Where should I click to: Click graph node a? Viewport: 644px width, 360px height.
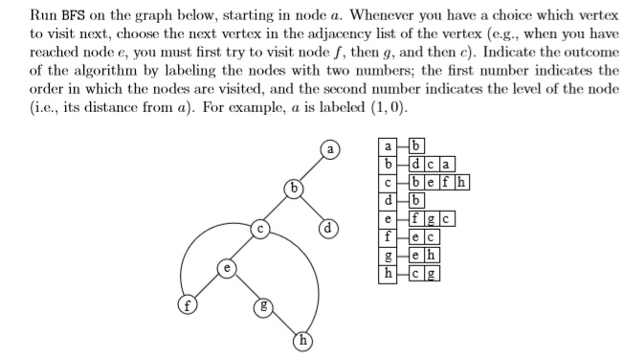pos(330,150)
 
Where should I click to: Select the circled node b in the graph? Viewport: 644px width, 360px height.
pos(296,187)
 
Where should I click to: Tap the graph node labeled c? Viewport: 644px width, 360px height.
pos(258,229)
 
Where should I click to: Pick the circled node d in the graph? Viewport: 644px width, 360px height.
pos(330,229)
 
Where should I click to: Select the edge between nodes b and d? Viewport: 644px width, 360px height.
pos(313,208)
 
